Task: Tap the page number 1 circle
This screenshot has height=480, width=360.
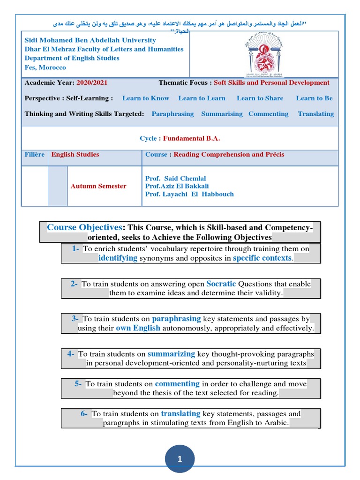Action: tap(180, 459)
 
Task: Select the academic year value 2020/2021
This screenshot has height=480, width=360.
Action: tap(92, 82)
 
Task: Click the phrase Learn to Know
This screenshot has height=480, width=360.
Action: tap(145, 98)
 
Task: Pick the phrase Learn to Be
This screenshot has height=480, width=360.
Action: tap(314, 98)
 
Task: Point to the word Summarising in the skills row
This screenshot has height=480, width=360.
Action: tap(222, 114)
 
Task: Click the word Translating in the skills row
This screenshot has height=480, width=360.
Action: tap(315, 114)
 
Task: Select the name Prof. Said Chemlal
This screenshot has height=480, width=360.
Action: tap(176, 179)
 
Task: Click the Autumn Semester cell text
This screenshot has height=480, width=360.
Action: tap(98, 186)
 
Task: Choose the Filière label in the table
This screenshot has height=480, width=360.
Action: tap(35, 154)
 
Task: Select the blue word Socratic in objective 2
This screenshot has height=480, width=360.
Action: tap(221, 284)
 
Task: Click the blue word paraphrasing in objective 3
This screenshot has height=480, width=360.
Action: tap(176, 319)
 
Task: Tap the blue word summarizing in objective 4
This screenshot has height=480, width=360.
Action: tap(171, 354)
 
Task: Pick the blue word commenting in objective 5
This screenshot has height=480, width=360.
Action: tap(177, 383)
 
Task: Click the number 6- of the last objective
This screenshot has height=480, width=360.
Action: tap(84, 413)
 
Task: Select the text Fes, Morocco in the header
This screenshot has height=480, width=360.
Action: tap(45, 67)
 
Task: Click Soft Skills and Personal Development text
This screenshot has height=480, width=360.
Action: tap(271, 82)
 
